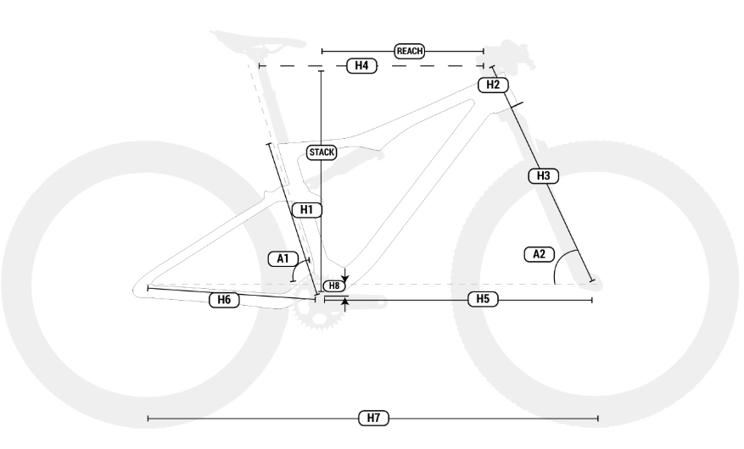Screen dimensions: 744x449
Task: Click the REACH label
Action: [x=410, y=51]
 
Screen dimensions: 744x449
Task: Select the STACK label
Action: [x=322, y=152]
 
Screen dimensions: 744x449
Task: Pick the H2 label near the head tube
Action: [x=492, y=85]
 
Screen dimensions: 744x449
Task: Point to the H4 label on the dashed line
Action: [x=361, y=65]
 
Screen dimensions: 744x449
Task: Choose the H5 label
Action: [x=482, y=299]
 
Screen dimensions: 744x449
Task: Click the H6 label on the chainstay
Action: [x=224, y=299]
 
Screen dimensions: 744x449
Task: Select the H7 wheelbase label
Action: [x=372, y=418]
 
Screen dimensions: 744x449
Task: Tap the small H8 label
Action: [x=334, y=286]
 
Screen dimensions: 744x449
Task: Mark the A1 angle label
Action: [x=281, y=258]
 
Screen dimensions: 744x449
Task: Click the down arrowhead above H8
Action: [x=344, y=278]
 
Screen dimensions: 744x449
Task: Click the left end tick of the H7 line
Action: [x=148, y=418]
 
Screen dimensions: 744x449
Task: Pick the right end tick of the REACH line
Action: [x=484, y=51]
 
